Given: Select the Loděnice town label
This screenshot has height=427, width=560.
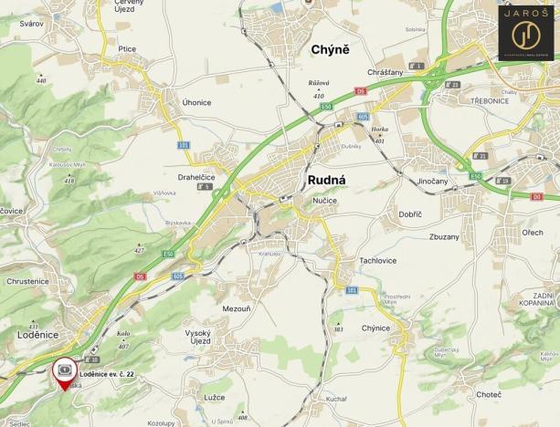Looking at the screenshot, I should (37, 335).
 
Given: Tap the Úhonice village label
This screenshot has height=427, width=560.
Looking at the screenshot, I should (196, 102).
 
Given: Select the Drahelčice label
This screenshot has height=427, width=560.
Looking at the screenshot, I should (196, 177).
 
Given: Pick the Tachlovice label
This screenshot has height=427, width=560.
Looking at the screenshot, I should (377, 260).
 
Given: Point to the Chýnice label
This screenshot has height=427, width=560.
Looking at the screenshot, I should (375, 328).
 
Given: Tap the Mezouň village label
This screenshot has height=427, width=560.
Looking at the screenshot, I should (237, 309).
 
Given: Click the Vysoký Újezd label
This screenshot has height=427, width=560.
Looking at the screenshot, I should (198, 337).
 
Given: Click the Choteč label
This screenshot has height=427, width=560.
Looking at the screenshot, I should (489, 394).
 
